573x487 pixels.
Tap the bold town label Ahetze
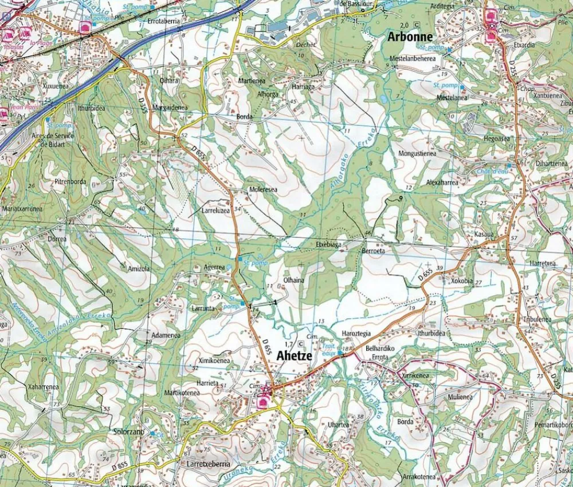click(294, 355)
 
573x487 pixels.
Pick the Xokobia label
click(462, 281)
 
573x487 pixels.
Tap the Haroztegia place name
click(356, 333)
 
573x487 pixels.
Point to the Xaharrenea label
click(43, 387)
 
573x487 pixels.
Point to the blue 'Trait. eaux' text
click(328, 350)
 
